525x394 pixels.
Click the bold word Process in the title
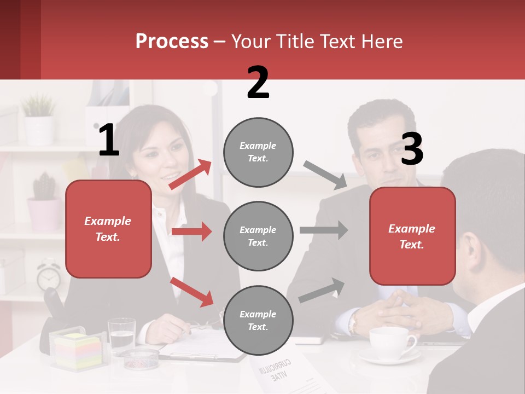click(172, 41)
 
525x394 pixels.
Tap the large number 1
click(109, 141)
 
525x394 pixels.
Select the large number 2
click(258, 83)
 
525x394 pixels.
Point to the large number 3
click(412, 149)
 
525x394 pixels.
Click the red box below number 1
click(108, 229)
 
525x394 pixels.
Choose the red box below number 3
click(412, 236)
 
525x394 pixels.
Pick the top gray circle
click(258, 152)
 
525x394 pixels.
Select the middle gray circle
click(258, 236)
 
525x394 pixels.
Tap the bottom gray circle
click(258, 320)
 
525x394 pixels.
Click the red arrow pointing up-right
click(190, 175)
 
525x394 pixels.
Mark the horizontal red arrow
click(191, 231)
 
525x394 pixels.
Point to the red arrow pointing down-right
click(192, 291)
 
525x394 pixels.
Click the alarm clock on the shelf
click(49, 276)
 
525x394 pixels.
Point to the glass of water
click(121, 335)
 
